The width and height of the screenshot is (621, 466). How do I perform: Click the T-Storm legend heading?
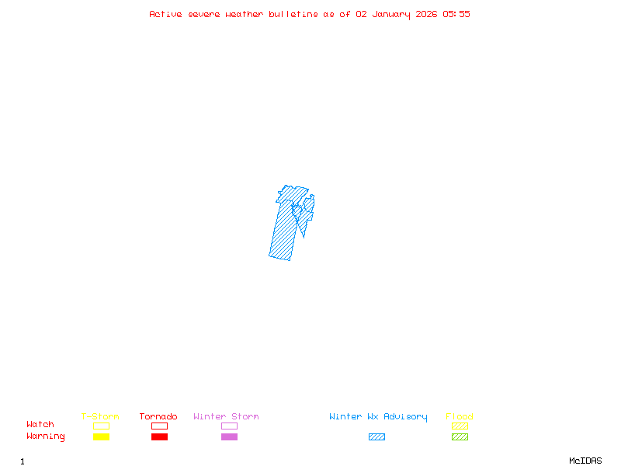[x=100, y=417]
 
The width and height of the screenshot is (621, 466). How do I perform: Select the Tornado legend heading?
[x=158, y=417]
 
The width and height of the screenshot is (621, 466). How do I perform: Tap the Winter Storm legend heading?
[x=226, y=417]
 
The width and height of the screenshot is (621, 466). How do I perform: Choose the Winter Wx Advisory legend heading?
[x=378, y=417]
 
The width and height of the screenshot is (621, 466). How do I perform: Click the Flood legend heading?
[x=460, y=417]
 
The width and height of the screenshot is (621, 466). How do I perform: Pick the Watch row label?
[x=40, y=425]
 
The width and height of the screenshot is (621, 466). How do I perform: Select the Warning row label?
[x=46, y=436]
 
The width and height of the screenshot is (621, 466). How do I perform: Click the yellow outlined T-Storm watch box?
[x=101, y=426]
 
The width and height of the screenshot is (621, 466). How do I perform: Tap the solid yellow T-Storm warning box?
[x=101, y=436]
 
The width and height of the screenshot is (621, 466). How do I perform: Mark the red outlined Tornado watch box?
[x=159, y=426]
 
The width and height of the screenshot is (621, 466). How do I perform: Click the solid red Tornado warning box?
[x=159, y=436]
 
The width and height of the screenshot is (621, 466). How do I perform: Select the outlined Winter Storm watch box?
[x=229, y=426]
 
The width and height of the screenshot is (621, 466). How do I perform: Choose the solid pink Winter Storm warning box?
[x=229, y=436]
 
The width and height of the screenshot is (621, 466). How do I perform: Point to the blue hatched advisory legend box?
[x=376, y=436]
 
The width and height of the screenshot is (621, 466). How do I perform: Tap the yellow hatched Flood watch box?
[x=460, y=426]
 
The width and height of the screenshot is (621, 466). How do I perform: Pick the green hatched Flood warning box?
[x=460, y=436]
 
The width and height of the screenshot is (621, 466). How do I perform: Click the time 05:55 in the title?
[x=456, y=14]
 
